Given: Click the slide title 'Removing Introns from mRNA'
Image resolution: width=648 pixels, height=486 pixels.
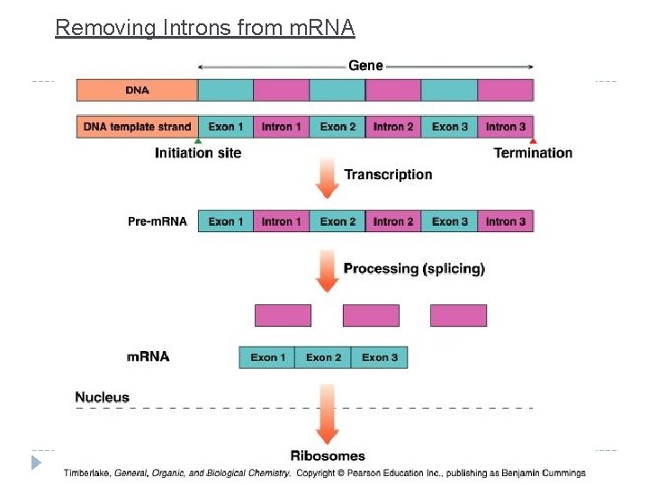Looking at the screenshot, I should (x=205, y=28).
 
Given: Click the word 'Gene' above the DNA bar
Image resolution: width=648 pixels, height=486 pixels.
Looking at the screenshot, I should (x=365, y=66).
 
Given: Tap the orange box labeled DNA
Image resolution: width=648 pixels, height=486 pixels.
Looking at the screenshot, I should (x=137, y=90).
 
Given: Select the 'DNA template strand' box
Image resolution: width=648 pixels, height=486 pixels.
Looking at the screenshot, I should (x=137, y=127).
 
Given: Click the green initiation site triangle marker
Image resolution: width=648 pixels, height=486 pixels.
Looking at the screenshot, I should (x=198, y=140).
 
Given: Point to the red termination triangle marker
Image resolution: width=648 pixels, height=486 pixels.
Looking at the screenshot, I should (x=533, y=140).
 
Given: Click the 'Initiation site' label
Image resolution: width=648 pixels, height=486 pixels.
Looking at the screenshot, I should (x=198, y=153).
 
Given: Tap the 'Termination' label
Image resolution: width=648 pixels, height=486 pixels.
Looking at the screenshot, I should (x=533, y=153).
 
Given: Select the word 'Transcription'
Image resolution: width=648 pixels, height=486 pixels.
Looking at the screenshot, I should (x=388, y=175).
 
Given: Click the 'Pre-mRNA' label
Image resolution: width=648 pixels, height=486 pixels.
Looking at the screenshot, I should (x=157, y=221).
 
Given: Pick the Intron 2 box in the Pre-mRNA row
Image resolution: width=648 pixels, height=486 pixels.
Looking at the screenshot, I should (x=393, y=221).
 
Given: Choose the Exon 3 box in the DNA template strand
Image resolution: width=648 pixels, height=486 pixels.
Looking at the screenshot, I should (x=449, y=127).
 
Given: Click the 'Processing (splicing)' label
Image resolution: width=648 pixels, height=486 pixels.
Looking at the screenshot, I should (x=414, y=268).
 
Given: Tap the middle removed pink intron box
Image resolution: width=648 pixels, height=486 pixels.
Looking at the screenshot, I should (x=371, y=315).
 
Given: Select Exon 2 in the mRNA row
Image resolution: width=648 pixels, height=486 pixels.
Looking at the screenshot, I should (x=323, y=357).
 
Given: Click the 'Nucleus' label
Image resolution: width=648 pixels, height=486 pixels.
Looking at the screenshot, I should (x=102, y=397).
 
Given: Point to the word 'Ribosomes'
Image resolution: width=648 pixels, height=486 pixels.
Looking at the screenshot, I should (x=328, y=455).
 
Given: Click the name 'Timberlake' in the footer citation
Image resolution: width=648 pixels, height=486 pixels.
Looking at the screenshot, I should (x=87, y=472).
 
